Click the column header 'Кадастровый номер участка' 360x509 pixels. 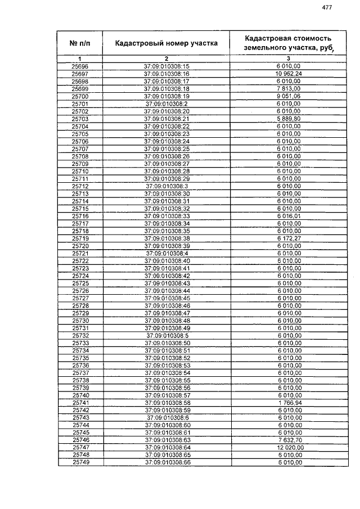(x=166, y=43)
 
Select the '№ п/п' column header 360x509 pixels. (x=80, y=43)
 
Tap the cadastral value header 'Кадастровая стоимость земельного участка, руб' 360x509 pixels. (x=289, y=43)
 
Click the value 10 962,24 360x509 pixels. (x=289, y=74)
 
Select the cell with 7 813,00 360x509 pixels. (x=289, y=89)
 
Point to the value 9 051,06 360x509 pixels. (x=289, y=96)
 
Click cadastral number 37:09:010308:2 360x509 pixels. (x=166, y=104)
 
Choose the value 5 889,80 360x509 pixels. (x=289, y=119)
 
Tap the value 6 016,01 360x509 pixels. (x=289, y=216)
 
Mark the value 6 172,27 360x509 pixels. (x=289, y=238)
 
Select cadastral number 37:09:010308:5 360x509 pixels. (x=166, y=335)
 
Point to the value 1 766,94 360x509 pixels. (x=289, y=403)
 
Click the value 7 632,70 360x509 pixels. (x=289, y=440)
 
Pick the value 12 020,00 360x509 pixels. (x=289, y=447)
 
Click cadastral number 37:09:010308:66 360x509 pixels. (x=166, y=462)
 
